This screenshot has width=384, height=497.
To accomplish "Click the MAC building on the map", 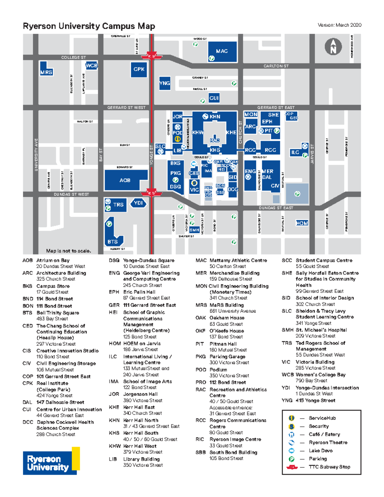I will click(222, 51).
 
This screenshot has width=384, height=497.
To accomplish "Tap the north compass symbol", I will click(333, 47).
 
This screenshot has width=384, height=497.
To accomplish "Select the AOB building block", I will click(125, 180).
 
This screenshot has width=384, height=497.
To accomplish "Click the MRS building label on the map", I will click(46, 72).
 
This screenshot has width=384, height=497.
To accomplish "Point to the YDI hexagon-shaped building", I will click(138, 203).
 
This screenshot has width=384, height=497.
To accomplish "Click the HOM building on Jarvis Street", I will click(302, 223).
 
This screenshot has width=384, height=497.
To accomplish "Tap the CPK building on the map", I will click(139, 69).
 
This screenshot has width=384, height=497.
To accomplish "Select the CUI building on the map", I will click(214, 98).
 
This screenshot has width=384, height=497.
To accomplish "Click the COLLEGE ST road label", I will click(74, 57).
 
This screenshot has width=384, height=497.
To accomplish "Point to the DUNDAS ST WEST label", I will click(71, 194).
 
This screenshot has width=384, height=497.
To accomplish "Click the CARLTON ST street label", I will click(276, 66).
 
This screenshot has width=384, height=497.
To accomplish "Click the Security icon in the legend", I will click(292, 426).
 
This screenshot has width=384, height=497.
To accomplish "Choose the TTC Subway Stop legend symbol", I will click(292, 467).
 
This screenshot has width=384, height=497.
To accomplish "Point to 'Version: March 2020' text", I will click(340, 25).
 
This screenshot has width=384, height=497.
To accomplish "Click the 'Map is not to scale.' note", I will click(68, 251).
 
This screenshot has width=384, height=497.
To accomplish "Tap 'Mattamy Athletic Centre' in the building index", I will click(238, 261).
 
